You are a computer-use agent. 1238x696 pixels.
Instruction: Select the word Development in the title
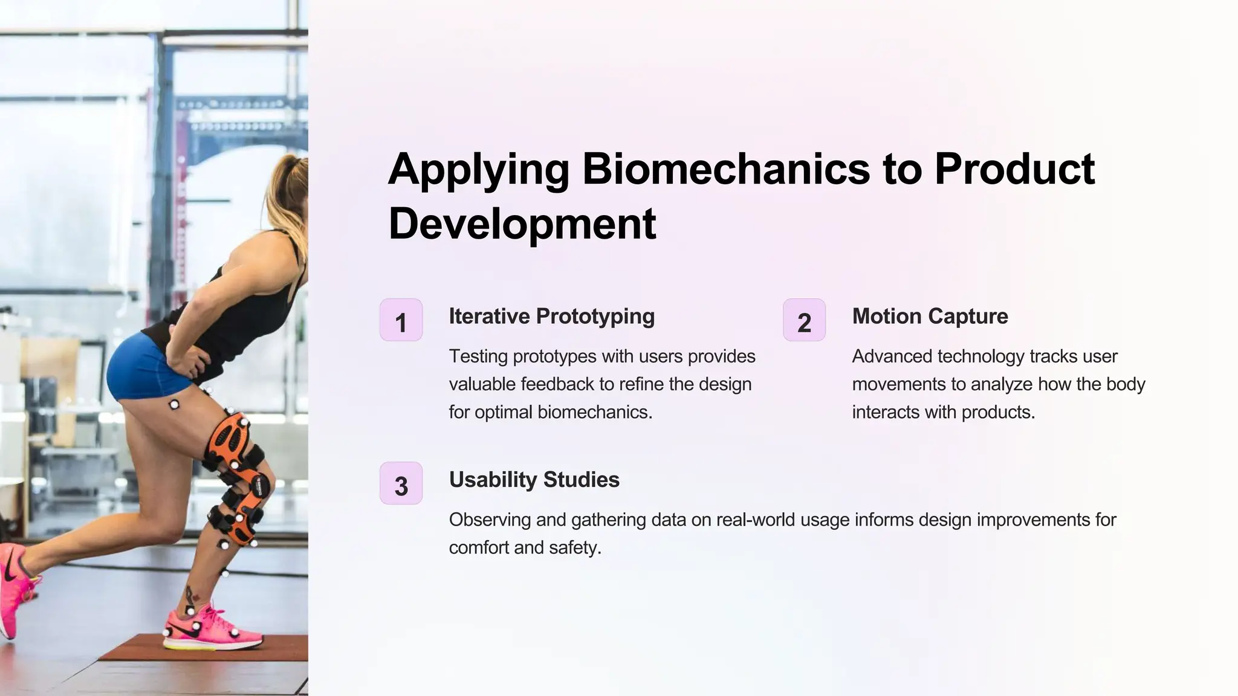[x=522, y=224]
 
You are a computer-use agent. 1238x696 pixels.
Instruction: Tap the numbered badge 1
[x=401, y=320]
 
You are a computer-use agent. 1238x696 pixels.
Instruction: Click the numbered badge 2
[x=804, y=320]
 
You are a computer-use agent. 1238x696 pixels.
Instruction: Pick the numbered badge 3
[x=401, y=483]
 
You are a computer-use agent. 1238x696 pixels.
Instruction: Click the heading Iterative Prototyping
[x=551, y=316]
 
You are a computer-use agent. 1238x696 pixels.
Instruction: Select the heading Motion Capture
[x=930, y=316]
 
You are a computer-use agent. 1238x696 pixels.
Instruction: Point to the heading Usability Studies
[x=534, y=480]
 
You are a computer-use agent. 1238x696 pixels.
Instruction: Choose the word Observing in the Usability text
[x=488, y=520]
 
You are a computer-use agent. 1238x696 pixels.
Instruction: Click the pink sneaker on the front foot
[x=212, y=628]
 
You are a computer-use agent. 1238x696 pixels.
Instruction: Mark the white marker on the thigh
[x=174, y=404]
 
